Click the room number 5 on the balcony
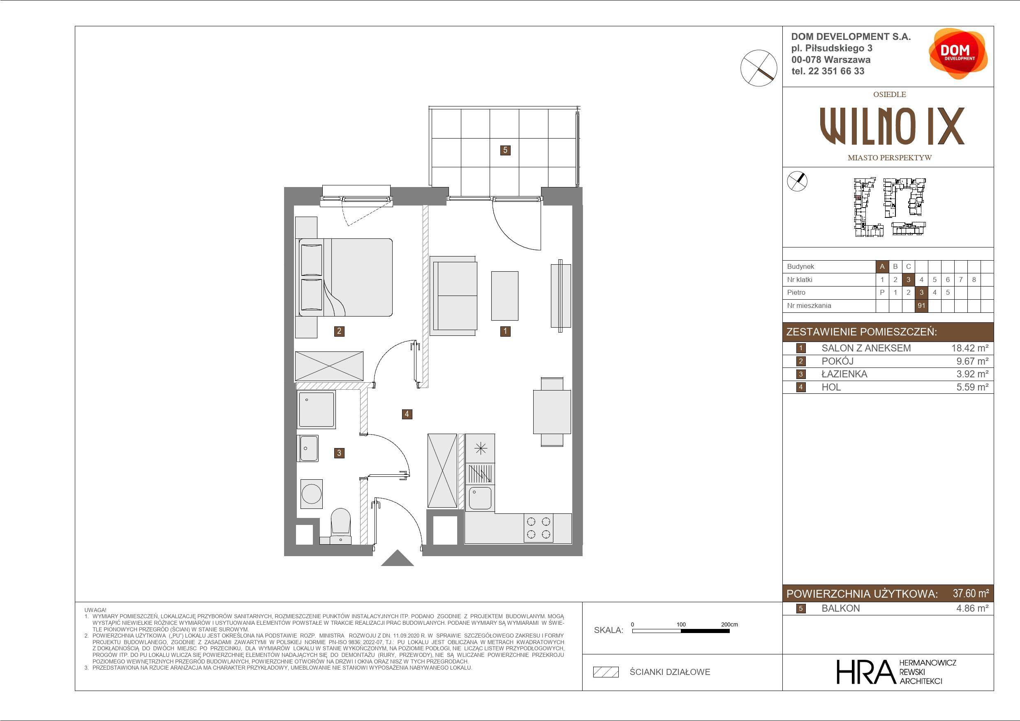505,150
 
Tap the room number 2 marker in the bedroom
339,331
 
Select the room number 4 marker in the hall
407,414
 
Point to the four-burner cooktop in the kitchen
539,528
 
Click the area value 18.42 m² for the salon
969,348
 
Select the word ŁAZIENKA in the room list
844,374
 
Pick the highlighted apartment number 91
921,306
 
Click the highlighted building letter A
882,266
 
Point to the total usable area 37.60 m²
971,593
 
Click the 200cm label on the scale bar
729,624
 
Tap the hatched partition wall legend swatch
606,672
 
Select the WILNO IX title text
892,126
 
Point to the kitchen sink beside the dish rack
480,497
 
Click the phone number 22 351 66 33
837,71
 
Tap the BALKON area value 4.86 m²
972,608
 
